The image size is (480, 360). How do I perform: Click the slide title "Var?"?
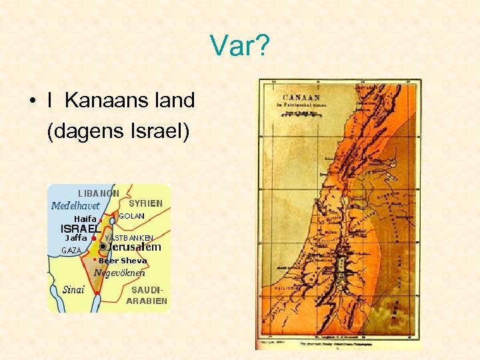pyautogui.click(x=239, y=46)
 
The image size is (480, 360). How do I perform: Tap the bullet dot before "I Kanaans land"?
pyautogui.click(x=31, y=102)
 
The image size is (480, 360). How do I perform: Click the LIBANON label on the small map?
pyautogui.click(x=99, y=193)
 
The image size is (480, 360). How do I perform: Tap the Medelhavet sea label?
pyautogui.click(x=75, y=206)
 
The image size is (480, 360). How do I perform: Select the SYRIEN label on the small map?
pyautogui.click(x=145, y=203)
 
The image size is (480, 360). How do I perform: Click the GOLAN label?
pyautogui.click(x=131, y=216)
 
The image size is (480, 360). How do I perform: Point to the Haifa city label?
pyautogui.click(x=85, y=219)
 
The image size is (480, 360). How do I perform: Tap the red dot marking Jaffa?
pyautogui.click(x=94, y=238)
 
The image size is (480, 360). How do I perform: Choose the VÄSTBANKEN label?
pyautogui.click(x=129, y=238)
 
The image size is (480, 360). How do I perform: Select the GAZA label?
pyautogui.click(x=71, y=251)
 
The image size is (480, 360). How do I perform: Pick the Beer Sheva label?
pyautogui.click(x=123, y=261)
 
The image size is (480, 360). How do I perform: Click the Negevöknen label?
pyautogui.click(x=119, y=272)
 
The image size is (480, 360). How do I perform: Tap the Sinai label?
pyautogui.click(x=73, y=289)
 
